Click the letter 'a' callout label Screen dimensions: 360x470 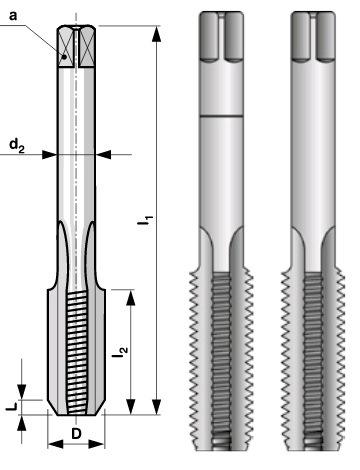13,16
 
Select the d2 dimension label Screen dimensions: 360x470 17,145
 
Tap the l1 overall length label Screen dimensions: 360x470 146,222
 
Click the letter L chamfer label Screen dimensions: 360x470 12,407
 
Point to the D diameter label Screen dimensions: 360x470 76,434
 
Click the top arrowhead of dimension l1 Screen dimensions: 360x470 156,34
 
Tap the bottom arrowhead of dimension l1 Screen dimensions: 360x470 156,407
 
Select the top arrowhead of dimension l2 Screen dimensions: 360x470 131,298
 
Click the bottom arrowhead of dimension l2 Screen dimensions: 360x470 131,407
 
